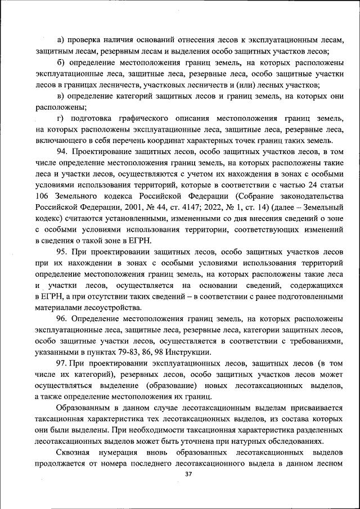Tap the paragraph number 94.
pyautogui.click(x=62, y=151)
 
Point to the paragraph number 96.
pyautogui.click(x=62, y=319)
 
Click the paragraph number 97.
pyautogui.click(x=62, y=363)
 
